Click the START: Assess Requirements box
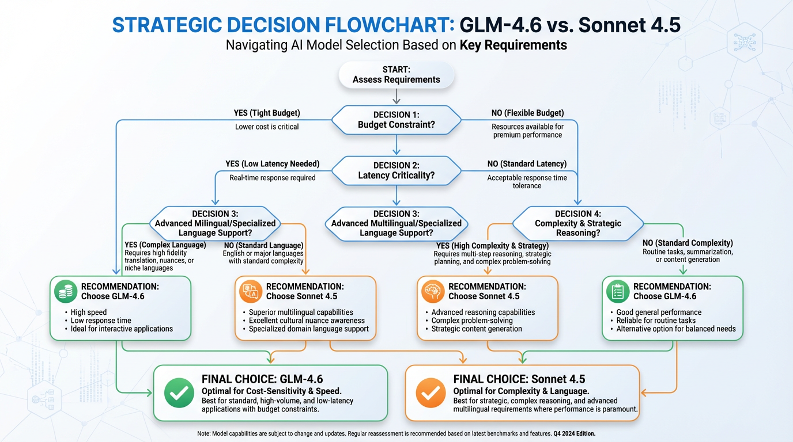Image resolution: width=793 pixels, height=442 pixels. (396, 75)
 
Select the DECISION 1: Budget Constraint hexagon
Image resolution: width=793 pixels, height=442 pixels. (396, 120)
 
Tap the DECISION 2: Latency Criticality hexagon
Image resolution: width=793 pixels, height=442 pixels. (396, 170)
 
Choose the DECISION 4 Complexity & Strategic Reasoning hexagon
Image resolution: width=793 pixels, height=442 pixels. (577, 223)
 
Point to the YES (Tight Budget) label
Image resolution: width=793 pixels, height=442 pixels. (266, 113)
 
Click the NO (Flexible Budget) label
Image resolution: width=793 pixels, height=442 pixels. (527, 113)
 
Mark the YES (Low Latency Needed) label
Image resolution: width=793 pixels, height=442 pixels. (272, 164)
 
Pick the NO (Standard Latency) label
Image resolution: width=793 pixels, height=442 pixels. (527, 164)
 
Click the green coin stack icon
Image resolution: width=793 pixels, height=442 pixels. (65, 292)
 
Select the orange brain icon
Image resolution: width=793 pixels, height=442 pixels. (432, 292)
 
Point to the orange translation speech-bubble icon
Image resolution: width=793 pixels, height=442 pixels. (250, 292)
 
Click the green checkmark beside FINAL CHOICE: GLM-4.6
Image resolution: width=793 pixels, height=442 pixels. (179, 394)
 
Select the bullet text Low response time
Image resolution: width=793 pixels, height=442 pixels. (101, 321)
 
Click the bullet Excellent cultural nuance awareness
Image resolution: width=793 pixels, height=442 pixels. (307, 321)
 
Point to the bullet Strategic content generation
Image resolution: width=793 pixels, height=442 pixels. (477, 329)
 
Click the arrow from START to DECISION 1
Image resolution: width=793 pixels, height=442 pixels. (396, 97)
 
